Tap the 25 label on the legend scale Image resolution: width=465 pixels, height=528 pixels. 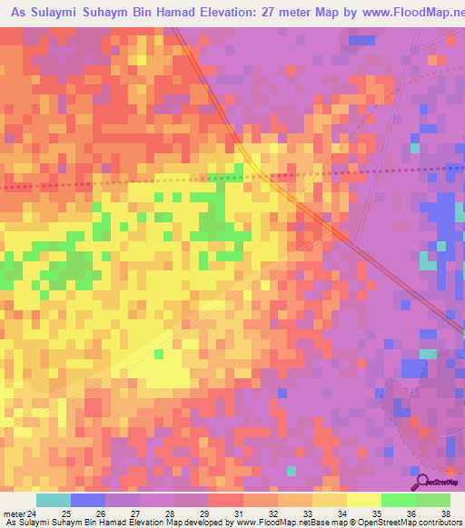[x=65, y=513]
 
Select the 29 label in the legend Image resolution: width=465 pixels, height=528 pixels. [x=205, y=513]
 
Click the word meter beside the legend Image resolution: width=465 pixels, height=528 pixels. [x=13, y=513]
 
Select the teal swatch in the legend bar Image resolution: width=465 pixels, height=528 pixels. [x=54, y=500]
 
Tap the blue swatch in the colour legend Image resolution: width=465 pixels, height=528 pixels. [x=88, y=500]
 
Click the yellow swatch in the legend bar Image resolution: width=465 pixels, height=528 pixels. [x=363, y=500]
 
